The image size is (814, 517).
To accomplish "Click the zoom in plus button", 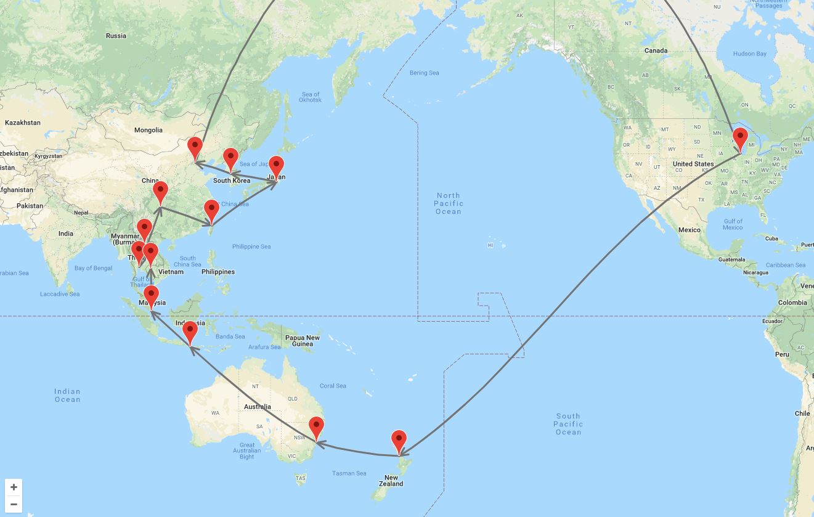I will pyautogui.click(x=14, y=487).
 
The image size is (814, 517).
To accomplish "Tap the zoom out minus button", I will pyautogui.click(x=14, y=505).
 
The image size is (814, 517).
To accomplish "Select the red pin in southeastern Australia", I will pyautogui.click(x=316, y=427).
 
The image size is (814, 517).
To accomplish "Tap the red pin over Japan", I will pyautogui.click(x=276, y=166).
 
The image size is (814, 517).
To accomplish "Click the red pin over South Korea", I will pyautogui.click(x=230, y=158).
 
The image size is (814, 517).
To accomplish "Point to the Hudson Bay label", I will pyautogui.click(x=749, y=54).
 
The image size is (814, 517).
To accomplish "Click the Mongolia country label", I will pyautogui.click(x=149, y=130).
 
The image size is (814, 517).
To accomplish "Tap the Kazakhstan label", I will pyautogui.click(x=23, y=123).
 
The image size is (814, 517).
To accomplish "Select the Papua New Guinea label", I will pyautogui.click(x=302, y=341).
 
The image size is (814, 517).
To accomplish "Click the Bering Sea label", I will pyautogui.click(x=424, y=73).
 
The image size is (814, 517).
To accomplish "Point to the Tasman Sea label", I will pyautogui.click(x=349, y=473).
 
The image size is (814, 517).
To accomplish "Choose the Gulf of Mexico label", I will pyautogui.click(x=733, y=224).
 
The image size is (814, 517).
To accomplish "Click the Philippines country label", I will pyautogui.click(x=218, y=272).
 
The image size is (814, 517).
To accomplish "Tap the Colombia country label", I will pyautogui.click(x=792, y=303).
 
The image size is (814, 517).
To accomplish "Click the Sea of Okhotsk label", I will pyautogui.click(x=310, y=97).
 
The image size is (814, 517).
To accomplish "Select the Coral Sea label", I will pyautogui.click(x=333, y=386).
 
